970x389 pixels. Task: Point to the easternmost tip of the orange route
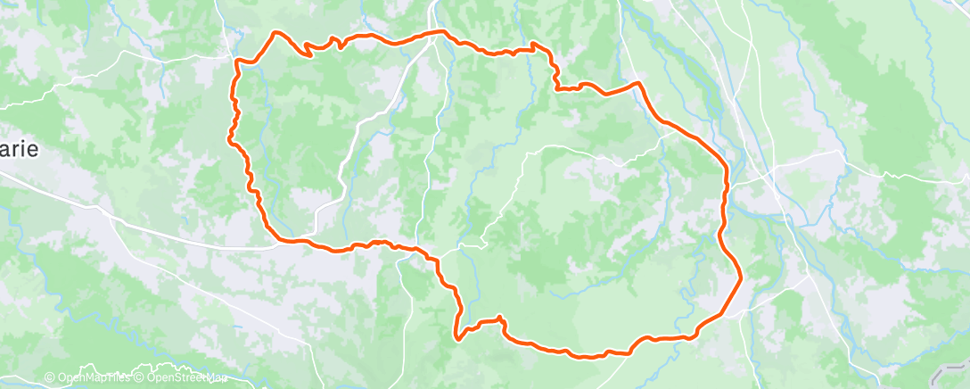click(x=741, y=277)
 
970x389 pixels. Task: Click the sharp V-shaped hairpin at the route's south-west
click(x=457, y=339)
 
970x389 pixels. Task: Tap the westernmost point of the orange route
click(x=230, y=138)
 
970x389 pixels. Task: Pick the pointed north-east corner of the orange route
click(x=638, y=83)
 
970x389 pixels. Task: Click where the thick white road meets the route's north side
click(x=434, y=34)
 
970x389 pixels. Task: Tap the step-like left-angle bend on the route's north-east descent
click(x=556, y=87)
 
